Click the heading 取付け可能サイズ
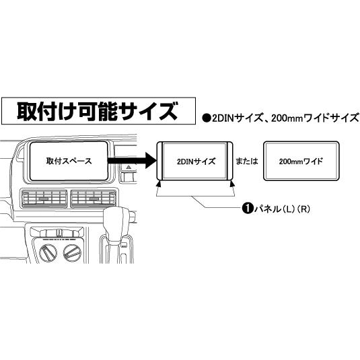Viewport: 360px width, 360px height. pos(98,111)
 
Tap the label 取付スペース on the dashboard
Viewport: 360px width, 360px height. pos(69,161)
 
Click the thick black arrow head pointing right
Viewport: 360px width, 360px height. pos(151,161)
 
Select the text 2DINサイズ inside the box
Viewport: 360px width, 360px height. pos(196,161)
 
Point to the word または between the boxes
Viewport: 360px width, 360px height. pos(247,161)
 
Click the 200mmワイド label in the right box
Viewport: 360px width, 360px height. pos(301,161)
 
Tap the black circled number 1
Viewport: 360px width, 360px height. pos(248,209)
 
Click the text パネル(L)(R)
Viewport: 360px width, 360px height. pos(282,209)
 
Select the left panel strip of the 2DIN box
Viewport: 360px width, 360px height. pos(160,161)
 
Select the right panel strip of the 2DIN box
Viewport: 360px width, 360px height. pos(230,161)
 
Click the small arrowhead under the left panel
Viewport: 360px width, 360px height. pos(158,183)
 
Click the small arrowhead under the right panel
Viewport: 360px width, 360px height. pos(232,183)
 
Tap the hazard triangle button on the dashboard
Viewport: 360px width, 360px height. pos(129,168)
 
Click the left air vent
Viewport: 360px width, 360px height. pos(44,199)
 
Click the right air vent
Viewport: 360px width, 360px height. pos(94,199)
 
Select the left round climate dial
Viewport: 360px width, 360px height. pos(48,253)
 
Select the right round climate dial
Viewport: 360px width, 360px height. pos(72,253)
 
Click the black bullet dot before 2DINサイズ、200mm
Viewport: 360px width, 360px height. pos(207,118)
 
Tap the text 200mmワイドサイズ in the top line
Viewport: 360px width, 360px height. pos(315,118)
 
